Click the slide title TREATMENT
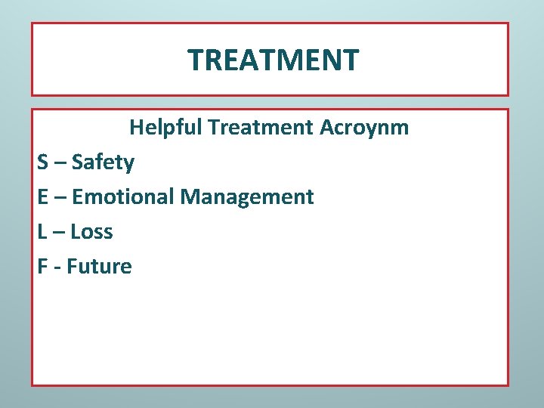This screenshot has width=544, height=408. tap(273, 60)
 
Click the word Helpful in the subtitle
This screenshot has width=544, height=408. tap(166, 127)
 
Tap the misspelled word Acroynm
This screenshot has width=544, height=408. tap(364, 127)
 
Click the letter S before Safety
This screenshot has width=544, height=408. tap(42, 162)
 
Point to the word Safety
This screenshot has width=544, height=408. tap(103, 162)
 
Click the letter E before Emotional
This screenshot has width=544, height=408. tap(42, 196)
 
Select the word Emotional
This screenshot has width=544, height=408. tap(122, 196)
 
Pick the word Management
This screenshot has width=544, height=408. tap(246, 197)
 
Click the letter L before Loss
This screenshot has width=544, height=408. tap(42, 231)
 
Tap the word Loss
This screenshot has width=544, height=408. tap(91, 231)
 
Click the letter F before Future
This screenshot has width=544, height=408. tap(42, 266)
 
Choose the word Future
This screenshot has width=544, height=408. tap(99, 266)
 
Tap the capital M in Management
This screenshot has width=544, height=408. tap(190, 196)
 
